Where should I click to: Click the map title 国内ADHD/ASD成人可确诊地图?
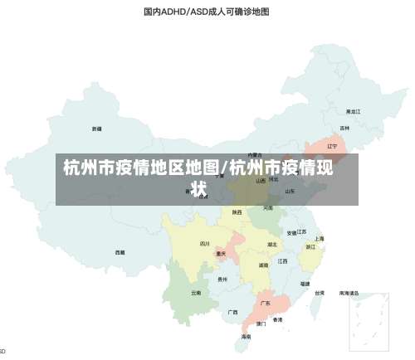pyautogui.click(x=207, y=12)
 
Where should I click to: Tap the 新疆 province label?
pyautogui.click(x=97, y=129)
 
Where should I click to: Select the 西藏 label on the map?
pyautogui.click(x=120, y=251)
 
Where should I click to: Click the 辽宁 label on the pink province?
pyautogui.click(x=333, y=146)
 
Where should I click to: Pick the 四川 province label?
pyautogui.click(x=205, y=244)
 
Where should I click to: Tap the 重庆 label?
pyautogui.click(x=221, y=254)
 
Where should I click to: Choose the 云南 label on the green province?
pyautogui.click(x=196, y=292)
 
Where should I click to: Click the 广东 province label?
pyautogui.click(x=266, y=303)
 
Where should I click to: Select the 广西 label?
pyautogui.click(x=233, y=312)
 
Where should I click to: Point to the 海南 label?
pyautogui.click(x=246, y=337)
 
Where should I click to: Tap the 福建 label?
pyautogui.click(x=305, y=283)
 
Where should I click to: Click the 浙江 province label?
pyautogui.click(x=310, y=246)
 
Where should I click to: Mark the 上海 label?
pyautogui.click(x=320, y=238)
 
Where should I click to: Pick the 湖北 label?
pyautogui.click(x=272, y=245)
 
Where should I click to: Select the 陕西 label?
pyautogui.click(x=237, y=212)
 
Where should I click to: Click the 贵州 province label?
pyautogui.click(x=222, y=280)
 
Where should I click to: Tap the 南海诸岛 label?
pyautogui.click(x=349, y=293)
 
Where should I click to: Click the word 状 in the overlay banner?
pyautogui.click(x=198, y=189)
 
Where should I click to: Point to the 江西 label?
pyautogui.click(x=283, y=260)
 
